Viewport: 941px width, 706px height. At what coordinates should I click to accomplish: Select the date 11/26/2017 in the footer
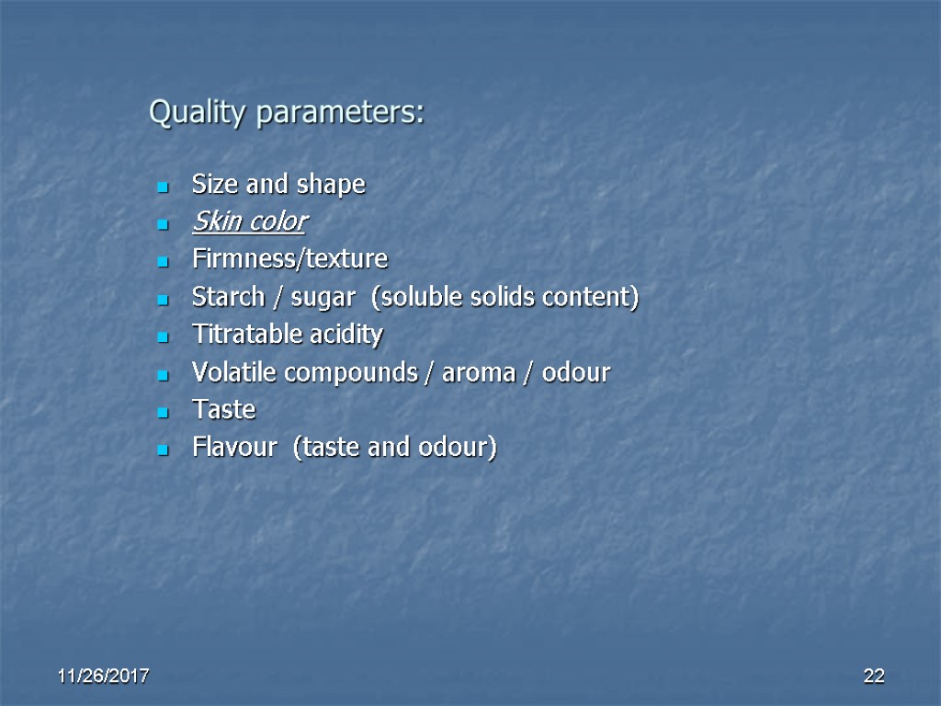pyautogui.click(x=104, y=677)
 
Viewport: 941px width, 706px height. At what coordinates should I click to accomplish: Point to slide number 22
pyautogui.click(x=873, y=677)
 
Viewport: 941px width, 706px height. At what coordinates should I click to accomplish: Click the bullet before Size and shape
pyautogui.click(x=163, y=187)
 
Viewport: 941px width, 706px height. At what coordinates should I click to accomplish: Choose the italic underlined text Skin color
pyautogui.click(x=249, y=222)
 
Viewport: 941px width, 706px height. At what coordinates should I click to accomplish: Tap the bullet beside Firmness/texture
pyautogui.click(x=163, y=262)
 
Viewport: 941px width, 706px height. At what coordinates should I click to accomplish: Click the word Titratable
pyautogui.click(x=240, y=335)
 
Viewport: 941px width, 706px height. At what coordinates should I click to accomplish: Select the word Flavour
pyautogui.click(x=234, y=448)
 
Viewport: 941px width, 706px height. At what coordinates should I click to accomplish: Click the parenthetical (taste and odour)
pyautogui.click(x=394, y=449)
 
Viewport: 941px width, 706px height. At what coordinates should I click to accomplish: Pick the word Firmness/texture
pyautogui.click(x=289, y=259)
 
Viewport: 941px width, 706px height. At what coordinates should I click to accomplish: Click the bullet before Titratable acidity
pyautogui.click(x=163, y=337)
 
